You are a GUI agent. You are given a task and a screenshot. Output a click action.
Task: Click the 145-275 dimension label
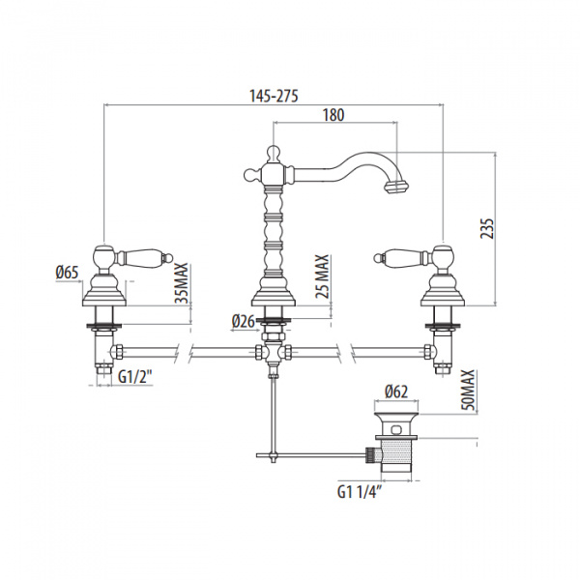[273, 95]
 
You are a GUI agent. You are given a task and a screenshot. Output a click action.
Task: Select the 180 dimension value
[333, 114]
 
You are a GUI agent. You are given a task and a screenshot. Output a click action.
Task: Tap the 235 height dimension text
[487, 227]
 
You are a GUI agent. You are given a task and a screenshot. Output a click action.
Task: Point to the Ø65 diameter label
[67, 274]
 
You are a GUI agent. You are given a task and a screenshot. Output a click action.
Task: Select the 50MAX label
[468, 388]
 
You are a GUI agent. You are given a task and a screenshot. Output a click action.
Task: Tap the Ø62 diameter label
[395, 391]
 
